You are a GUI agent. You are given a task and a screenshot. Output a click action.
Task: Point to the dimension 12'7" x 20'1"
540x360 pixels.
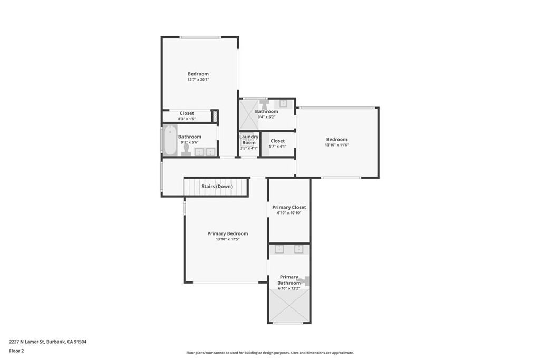(198, 80)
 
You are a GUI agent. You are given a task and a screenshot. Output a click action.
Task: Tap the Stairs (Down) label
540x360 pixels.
(217, 186)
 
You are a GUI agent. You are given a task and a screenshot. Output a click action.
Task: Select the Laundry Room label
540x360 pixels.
(249, 140)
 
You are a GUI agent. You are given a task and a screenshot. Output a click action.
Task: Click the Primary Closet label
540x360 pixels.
(289, 207)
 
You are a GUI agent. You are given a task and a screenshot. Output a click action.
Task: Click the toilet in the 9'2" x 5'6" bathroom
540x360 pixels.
(186, 150)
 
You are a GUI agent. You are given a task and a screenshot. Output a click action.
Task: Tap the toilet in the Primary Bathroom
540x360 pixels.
(304, 281)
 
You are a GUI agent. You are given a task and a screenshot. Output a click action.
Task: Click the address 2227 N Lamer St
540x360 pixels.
(47, 342)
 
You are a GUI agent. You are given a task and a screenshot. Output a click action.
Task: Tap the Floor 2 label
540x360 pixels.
(16, 350)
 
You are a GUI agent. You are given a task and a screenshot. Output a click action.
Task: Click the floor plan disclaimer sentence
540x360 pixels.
(269, 353)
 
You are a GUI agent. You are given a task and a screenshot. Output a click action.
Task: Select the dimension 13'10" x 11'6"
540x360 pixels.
(336, 145)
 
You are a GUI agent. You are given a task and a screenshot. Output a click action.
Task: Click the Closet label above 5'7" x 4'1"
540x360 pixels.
(277, 141)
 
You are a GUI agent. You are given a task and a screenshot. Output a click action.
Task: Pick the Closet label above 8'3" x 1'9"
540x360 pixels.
(187, 113)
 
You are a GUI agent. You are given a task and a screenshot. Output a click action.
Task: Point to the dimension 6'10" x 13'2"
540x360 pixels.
(289, 288)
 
